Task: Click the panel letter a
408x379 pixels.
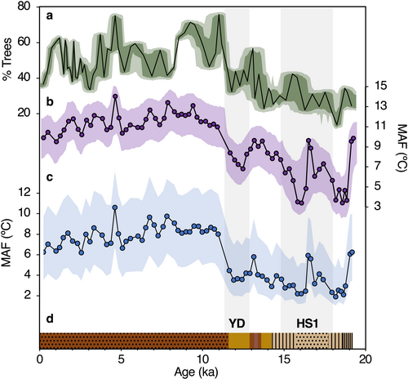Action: coord(49,17)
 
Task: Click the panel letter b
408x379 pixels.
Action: coord(50,101)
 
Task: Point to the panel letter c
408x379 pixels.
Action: coord(50,177)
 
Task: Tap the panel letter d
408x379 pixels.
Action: coord(50,319)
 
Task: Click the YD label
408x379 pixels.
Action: coord(237,323)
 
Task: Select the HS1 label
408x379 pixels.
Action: coord(308,323)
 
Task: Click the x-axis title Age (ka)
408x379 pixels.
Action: coord(196,372)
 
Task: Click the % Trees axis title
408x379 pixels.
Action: coord(7,60)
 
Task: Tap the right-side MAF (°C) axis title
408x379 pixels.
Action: coord(401,148)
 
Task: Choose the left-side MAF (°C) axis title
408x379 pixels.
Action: coord(7,243)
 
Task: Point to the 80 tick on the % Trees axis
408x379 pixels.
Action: coord(25,7)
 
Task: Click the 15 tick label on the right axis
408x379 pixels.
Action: coord(380,86)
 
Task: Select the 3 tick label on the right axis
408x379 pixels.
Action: coord(377,206)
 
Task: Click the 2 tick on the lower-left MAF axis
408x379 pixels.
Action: coord(27,296)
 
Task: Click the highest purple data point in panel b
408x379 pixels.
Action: coord(115,96)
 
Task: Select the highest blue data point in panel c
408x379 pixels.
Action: coord(115,207)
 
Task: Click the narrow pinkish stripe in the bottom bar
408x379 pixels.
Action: coord(255,341)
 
